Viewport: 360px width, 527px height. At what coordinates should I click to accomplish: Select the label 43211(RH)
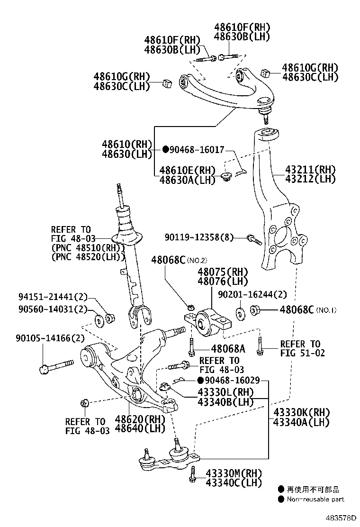point(310,170)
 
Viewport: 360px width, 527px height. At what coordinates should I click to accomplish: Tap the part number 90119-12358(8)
point(199,237)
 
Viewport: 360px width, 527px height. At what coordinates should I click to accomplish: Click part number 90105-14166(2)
point(43,338)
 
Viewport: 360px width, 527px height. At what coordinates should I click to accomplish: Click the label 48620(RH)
point(140,419)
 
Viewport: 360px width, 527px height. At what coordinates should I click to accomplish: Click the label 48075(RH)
point(223,272)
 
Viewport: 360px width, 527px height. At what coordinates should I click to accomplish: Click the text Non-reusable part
point(315,499)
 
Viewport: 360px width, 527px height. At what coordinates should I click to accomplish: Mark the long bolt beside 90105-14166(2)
point(57,365)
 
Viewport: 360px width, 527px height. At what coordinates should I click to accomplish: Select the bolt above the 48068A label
point(191,348)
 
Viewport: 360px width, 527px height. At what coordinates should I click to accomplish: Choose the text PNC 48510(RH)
point(88,248)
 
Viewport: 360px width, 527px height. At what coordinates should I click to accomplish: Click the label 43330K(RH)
point(301,412)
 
